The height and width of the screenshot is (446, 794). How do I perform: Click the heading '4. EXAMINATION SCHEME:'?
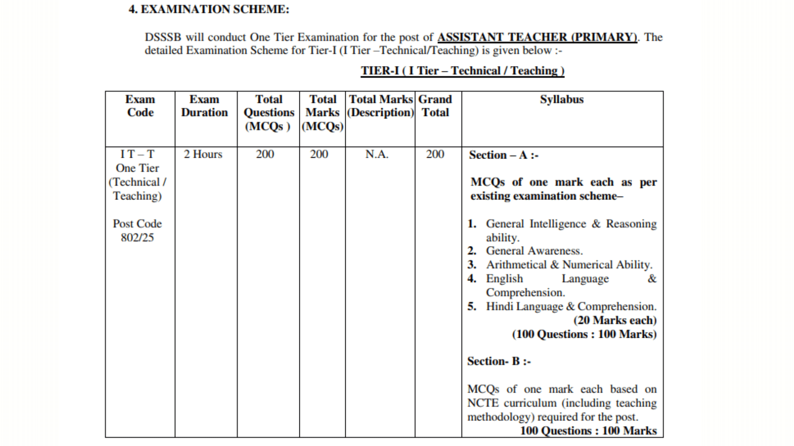(x=209, y=9)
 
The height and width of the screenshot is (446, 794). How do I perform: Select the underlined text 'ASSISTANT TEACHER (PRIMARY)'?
(x=537, y=37)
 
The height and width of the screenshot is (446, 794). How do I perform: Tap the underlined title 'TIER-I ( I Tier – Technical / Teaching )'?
(x=462, y=71)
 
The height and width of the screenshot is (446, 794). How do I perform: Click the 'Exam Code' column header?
(x=140, y=106)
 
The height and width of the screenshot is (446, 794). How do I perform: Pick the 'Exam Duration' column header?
(x=204, y=106)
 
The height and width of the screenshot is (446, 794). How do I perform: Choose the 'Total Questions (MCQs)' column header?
(x=268, y=113)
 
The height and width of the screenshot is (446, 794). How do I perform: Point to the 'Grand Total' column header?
(x=435, y=106)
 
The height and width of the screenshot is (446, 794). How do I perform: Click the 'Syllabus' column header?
(x=562, y=100)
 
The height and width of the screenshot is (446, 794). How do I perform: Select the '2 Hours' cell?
(x=203, y=154)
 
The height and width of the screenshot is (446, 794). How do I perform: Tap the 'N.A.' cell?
(x=377, y=154)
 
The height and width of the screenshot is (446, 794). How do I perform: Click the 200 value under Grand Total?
(x=435, y=154)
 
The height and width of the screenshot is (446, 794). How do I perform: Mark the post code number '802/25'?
(x=137, y=238)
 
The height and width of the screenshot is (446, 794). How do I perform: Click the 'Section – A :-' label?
(x=503, y=155)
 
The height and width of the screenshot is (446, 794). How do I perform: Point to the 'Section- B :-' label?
(x=499, y=361)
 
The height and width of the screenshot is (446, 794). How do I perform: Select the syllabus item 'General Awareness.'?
(x=534, y=251)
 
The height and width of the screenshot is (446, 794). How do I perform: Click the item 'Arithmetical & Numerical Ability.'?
(x=569, y=265)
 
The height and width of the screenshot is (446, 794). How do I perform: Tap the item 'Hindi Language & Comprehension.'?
(x=571, y=306)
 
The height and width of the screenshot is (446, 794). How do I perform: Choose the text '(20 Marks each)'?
(x=615, y=320)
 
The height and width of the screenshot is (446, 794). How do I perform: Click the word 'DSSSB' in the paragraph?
(x=163, y=37)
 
